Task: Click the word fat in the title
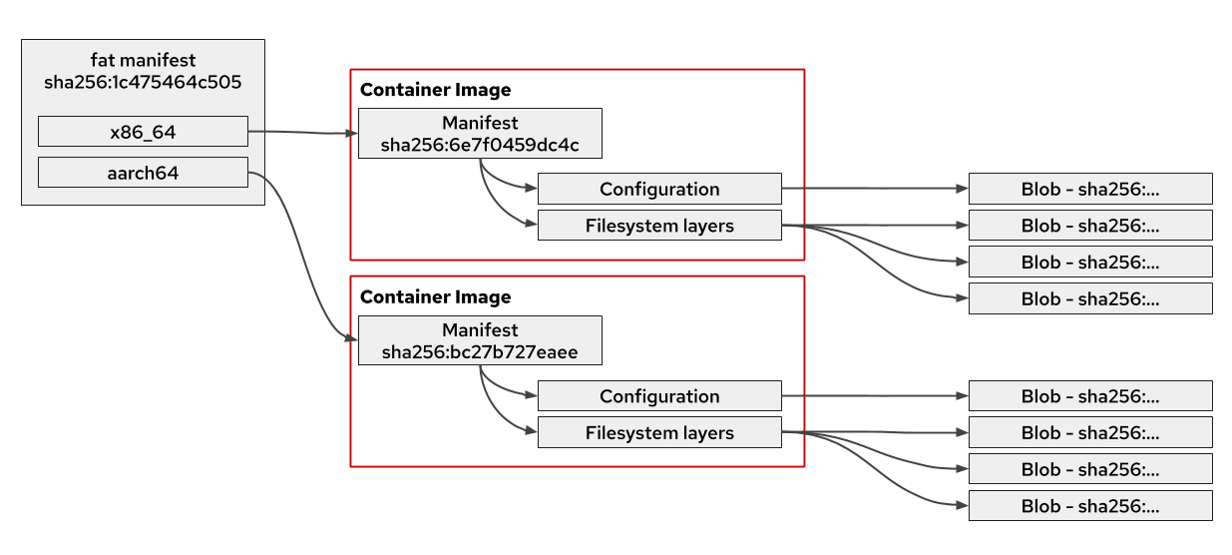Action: [103, 61]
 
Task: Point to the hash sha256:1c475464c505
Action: [143, 83]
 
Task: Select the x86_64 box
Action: [143, 131]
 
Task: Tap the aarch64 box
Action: [143, 172]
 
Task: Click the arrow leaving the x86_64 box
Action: [299, 132]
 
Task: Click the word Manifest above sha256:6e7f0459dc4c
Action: [480, 124]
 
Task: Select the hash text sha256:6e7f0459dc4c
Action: [480, 146]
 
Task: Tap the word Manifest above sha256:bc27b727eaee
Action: [480, 330]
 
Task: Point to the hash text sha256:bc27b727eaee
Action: [480, 352]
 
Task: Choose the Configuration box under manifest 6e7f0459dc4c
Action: [659, 189]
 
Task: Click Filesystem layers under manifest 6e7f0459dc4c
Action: [659, 226]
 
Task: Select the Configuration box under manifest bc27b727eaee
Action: [659, 396]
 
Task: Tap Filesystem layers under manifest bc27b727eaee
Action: [659, 433]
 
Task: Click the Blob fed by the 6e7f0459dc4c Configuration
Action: [1090, 189]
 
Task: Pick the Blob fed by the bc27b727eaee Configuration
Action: [1090, 396]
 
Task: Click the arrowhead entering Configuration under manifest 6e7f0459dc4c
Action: [532, 188]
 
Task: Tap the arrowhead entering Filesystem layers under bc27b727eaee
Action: [532, 432]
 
